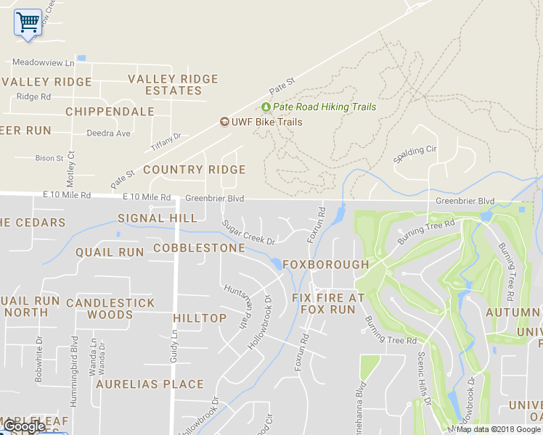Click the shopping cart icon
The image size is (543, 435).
coord(28,22)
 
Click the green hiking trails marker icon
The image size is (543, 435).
coord(266,107)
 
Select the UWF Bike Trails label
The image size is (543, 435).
coord(267,122)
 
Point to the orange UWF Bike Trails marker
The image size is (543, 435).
coord(225,122)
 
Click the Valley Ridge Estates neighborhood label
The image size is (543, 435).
coord(173,85)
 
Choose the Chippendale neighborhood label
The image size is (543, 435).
coord(110,112)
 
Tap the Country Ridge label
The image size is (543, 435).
coord(194,170)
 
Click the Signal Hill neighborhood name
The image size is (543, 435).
coord(157,218)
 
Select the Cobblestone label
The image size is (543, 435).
coord(199,248)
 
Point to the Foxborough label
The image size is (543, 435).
coord(325,265)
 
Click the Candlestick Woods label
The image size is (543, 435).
coord(110,308)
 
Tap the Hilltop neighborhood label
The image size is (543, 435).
coord(200,318)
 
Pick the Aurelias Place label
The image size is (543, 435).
coord(150,384)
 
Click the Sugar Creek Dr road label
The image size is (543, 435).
coord(249,233)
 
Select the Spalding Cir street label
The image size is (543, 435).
coord(415,154)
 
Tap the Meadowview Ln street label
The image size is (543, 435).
coord(44,63)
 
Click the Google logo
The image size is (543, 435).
coord(23,427)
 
